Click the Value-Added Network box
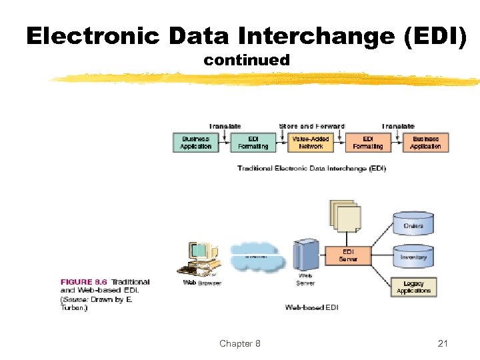point(311,142)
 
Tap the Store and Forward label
point(311,126)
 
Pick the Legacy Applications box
point(413,287)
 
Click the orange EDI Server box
point(347,255)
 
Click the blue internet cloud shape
point(257,257)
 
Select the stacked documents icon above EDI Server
point(345,217)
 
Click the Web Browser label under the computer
point(202,283)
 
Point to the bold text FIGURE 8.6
point(85,282)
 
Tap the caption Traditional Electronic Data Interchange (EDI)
point(311,169)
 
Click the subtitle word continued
point(247,61)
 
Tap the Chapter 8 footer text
point(240,343)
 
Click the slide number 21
point(443,343)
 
